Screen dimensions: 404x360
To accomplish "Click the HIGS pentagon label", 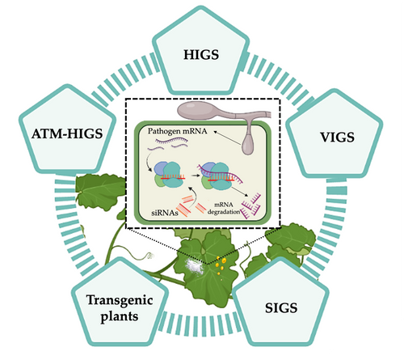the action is coord(201,55).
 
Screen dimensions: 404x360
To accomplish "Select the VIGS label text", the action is coord(337,138).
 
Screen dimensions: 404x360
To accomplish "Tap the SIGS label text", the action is coord(281,308).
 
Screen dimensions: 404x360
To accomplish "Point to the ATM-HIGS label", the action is coord(67,133).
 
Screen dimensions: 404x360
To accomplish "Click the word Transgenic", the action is coord(120,301).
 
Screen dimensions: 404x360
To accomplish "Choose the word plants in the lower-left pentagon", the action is coord(120,316).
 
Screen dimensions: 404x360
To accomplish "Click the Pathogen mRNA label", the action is coord(178,131).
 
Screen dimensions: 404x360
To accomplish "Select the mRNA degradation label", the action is coord(224,208).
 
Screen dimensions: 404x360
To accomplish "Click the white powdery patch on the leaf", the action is coord(195,267).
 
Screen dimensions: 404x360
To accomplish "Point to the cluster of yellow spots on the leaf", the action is coord(221,265).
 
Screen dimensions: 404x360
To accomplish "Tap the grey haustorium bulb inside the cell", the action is coord(247,145).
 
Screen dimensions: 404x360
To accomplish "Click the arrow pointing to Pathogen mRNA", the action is coord(227,138).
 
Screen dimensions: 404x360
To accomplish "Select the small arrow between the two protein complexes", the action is coord(195,176).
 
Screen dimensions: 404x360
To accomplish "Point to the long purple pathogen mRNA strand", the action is coord(171,140).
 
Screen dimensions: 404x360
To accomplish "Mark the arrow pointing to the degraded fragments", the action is coord(240,191).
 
